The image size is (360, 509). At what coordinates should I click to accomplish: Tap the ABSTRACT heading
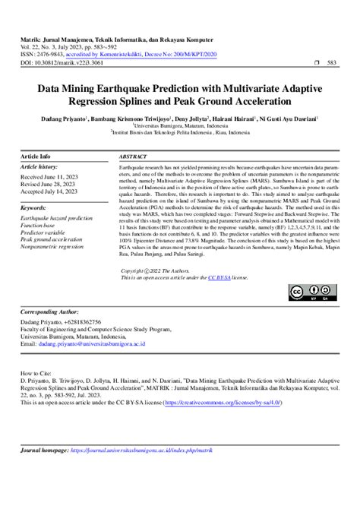click(134, 156)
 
